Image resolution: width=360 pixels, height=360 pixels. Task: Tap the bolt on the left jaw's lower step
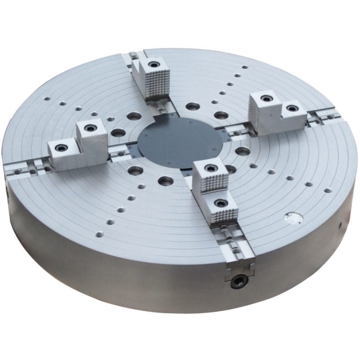click(x=61, y=147)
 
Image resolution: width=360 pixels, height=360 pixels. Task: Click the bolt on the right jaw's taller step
click(x=267, y=99)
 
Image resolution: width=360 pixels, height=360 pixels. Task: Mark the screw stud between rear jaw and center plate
click(x=162, y=110)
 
